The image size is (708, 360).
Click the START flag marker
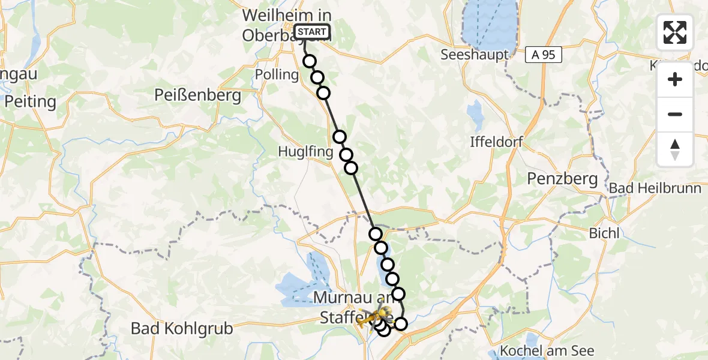pyautogui.click(x=312, y=32)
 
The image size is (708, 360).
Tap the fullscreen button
pyautogui.click(x=675, y=32)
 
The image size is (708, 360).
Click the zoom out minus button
pyautogui.click(x=675, y=115)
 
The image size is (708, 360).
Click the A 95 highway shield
pyautogui.click(x=544, y=55)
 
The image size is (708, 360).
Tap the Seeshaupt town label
pyautogui.click(x=475, y=55)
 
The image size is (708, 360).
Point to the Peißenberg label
pyautogui.click(x=197, y=95)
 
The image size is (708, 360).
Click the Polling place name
pyautogui.click(x=277, y=75)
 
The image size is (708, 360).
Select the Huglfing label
pyautogui.click(x=305, y=152)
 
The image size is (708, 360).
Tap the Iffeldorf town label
pyautogui.click(x=497, y=143)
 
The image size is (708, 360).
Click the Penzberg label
pyautogui.click(x=562, y=178)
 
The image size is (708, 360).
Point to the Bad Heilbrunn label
pyautogui.click(x=655, y=188)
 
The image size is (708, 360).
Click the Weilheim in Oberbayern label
pyautogui.click(x=287, y=25)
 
